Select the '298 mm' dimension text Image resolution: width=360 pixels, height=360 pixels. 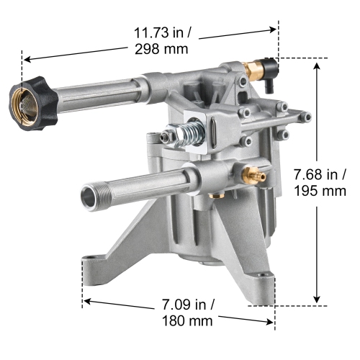coord(161,50)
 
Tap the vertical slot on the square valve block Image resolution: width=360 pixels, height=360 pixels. coord(217,132)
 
